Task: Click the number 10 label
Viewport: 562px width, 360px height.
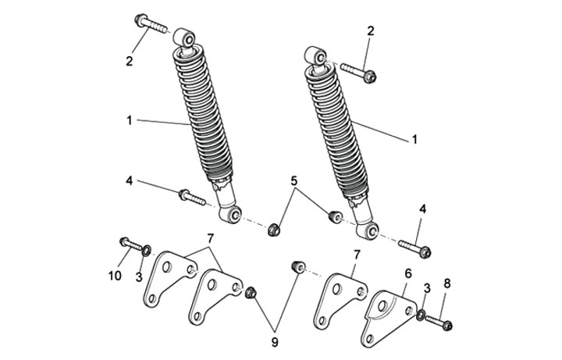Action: coord(115,276)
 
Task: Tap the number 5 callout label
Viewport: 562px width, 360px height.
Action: coord(294,181)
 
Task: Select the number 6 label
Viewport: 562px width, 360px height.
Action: coord(408,273)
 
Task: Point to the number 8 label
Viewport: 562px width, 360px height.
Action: coord(447,283)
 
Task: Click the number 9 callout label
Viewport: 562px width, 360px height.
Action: coord(275,343)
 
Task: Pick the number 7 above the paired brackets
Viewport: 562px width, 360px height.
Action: coord(211,237)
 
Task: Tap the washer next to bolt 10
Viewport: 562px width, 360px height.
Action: coord(147,250)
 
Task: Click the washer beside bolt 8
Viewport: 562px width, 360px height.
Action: coord(421,315)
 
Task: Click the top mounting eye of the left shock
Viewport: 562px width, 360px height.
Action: coord(184,37)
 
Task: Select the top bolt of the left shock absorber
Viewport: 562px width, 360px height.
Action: coord(151,23)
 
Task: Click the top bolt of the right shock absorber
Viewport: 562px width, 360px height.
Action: coord(358,72)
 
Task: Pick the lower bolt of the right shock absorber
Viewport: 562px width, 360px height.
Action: coord(415,248)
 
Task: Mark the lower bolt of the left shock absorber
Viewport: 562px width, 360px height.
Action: coord(192,198)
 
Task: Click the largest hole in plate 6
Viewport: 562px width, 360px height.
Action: coord(382,306)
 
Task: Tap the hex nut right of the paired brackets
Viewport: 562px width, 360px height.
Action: coord(251,293)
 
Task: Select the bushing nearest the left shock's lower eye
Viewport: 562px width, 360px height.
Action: coord(275,230)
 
